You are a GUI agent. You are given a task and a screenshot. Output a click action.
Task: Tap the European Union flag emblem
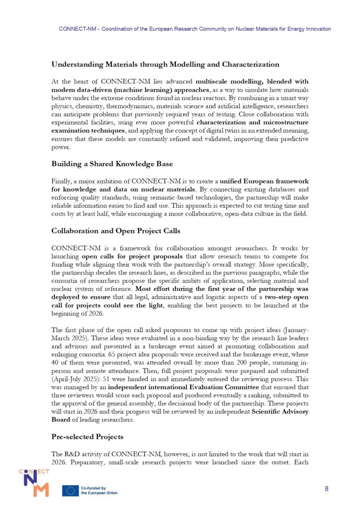pos(70,491)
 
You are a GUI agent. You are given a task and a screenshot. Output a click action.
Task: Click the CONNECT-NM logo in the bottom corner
pos(34,482)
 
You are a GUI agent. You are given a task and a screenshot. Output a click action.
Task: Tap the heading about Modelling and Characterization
pos(165,64)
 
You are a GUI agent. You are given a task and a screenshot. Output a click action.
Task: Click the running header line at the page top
pos(194,29)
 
